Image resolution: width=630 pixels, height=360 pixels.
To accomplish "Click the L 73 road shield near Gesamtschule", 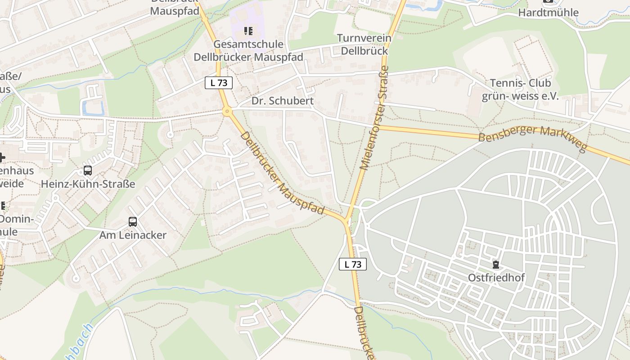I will tap(219, 83).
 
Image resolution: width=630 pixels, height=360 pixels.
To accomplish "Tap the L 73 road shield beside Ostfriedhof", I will tap(353, 265).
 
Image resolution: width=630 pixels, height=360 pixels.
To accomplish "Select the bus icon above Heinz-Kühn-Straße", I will tap(88, 171).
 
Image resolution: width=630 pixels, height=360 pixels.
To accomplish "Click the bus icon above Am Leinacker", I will tap(133, 222).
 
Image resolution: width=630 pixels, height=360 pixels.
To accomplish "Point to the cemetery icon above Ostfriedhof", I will tap(496, 265).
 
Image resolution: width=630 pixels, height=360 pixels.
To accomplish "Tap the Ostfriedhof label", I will tap(496, 278).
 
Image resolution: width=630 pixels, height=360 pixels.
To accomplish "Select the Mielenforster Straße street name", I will tap(373, 118).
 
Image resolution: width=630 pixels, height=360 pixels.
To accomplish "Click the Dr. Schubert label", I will tap(282, 101).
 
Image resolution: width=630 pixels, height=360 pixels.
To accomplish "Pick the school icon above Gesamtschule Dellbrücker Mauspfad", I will tap(248, 31).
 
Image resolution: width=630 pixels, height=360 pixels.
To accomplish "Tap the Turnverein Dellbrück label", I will tap(364, 45).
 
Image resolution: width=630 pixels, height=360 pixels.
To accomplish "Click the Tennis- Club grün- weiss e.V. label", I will tap(520, 90).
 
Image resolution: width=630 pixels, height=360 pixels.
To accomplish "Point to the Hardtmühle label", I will tap(548, 13).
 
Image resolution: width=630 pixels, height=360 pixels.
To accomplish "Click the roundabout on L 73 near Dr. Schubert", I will tap(227, 111).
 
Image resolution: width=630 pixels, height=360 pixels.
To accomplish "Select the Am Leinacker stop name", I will tap(133, 235).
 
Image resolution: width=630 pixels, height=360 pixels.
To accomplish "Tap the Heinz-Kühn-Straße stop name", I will tap(88, 184).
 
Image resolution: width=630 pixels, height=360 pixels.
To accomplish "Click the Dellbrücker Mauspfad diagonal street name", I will tap(282, 173).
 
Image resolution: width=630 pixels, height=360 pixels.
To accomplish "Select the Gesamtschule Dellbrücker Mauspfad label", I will tap(248, 51).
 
